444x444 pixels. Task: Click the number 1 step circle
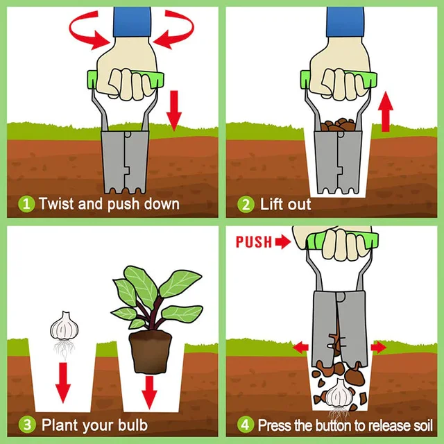click(x=27, y=204)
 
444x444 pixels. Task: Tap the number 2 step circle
click(x=246, y=204)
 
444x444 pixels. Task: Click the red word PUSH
click(x=253, y=242)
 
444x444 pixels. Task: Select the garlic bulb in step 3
click(x=63, y=325)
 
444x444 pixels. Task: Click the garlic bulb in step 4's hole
click(x=339, y=395)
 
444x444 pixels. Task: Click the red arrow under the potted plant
click(x=148, y=391)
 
